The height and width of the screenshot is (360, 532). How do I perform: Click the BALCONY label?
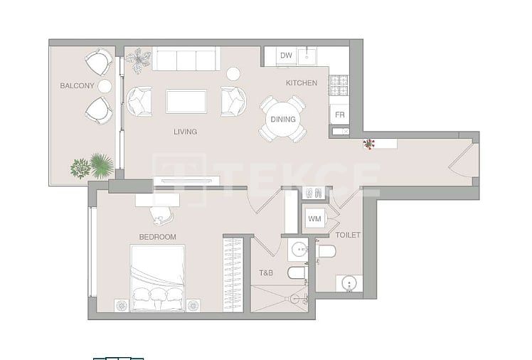[x=77, y=86]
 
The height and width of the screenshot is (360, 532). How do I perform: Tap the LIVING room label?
[x=185, y=132]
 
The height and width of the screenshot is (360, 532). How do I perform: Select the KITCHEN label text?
[x=302, y=83]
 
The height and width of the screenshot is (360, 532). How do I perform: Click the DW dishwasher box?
[x=286, y=55]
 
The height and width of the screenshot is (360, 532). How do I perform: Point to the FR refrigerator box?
[x=340, y=114]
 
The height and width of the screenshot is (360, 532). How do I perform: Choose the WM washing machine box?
[x=314, y=218]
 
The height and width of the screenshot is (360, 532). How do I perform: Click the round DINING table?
[x=283, y=119]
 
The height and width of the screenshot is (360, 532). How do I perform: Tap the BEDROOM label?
[x=157, y=237]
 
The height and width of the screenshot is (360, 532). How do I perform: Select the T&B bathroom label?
[x=266, y=272]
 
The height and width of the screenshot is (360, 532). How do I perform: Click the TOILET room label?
[x=348, y=235]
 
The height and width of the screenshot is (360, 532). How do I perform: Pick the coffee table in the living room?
[x=186, y=101]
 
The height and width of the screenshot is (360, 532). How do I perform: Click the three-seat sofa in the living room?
[x=186, y=59]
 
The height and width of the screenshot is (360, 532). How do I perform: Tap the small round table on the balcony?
[x=105, y=86]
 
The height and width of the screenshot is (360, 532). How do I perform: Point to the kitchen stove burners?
[x=339, y=85]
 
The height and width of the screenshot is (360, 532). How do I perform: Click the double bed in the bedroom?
[x=157, y=278]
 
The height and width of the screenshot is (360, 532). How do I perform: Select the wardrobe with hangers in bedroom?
[x=233, y=275]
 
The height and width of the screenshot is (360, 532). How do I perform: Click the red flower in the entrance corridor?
[x=368, y=144]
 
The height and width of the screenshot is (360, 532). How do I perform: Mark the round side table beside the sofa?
[x=233, y=73]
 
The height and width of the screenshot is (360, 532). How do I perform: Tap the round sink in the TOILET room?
[x=349, y=284]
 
